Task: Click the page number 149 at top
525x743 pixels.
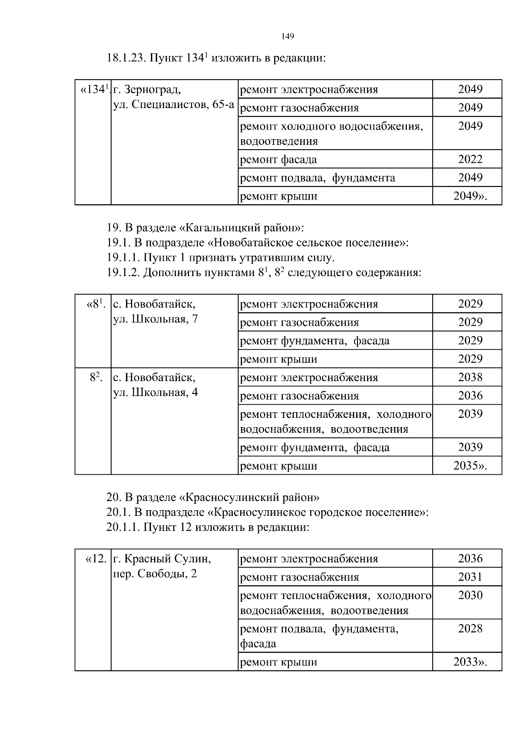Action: point(287,36)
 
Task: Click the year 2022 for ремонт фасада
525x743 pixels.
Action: point(470,159)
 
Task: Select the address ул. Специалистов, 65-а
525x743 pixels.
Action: point(174,105)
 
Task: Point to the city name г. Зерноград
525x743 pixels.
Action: point(147,90)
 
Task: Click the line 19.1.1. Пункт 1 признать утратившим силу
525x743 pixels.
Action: point(220,257)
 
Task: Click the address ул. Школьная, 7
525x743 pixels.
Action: point(155,319)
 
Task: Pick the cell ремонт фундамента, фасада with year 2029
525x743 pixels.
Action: point(315,340)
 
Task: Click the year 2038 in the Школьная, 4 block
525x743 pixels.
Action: point(470,377)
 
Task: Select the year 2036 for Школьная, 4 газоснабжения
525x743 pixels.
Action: point(470,396)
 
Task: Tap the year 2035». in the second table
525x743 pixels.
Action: point(470,466)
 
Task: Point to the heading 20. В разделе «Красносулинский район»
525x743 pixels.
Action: point(213,498)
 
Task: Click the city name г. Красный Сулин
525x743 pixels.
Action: point(162,559)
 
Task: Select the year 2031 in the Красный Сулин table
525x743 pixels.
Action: point(470,577)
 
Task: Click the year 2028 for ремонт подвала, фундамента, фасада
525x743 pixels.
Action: point(470,629)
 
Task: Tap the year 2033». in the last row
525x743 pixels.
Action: point(470,662)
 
